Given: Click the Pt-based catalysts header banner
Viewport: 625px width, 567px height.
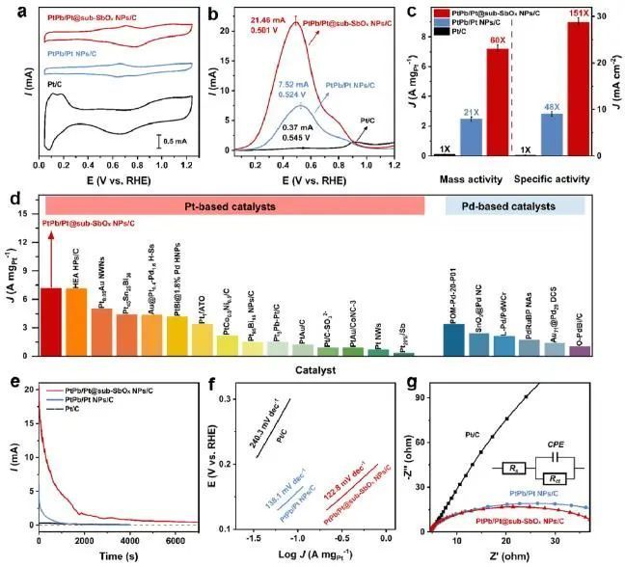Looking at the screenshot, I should click(x=233, y=206).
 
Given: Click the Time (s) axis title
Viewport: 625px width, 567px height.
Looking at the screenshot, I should click(x=120, y=556).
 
